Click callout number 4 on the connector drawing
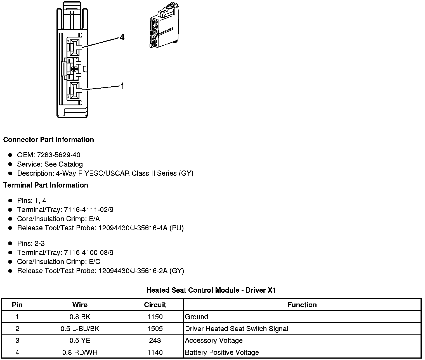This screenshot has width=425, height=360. pos(122,37)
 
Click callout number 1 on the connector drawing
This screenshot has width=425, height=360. pos(122,86)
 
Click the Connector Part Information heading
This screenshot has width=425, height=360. pos(48,140)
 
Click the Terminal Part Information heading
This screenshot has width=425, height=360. pos(46,185)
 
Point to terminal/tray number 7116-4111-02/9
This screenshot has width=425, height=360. pos(89,210)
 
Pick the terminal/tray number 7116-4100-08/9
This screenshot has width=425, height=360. pos(89,252)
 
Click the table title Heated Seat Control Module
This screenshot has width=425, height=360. pos(211,290)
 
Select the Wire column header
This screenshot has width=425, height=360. pos(80,305)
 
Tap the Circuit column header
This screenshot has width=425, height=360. pos(155,305)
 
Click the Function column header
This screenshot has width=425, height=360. pos(302,305)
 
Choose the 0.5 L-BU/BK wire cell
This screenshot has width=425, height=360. pos(80,329)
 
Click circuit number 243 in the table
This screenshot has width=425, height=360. pos(155,340)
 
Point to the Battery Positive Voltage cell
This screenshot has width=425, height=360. pos(222,352)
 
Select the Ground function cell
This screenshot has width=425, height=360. pos(197,317)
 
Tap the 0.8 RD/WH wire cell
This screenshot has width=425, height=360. pos(80,352)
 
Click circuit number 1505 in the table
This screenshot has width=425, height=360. pos(155,329)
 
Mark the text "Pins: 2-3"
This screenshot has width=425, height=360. pos(31,243)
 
